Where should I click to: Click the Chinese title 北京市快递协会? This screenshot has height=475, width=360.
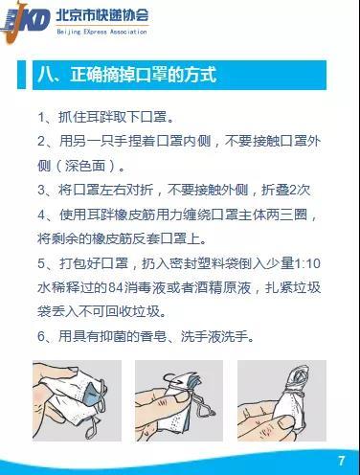coord(102,15)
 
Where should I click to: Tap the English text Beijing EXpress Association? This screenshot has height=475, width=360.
coord(102,32)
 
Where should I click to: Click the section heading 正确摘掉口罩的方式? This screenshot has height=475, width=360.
coord(144,75)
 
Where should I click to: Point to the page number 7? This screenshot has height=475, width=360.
coord(342,461)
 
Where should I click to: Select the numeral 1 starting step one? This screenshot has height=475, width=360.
coord(41,118)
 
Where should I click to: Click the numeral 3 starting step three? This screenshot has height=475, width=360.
coord(41,191)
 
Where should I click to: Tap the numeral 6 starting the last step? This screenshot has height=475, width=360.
coord(41,336)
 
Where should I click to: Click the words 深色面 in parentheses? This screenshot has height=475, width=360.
coord(85,166)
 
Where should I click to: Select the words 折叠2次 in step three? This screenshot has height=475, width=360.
coord(286,191)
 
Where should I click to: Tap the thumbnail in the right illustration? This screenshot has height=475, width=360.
coord(286,422)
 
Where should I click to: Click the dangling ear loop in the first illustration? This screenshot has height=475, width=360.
coord(93,425)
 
